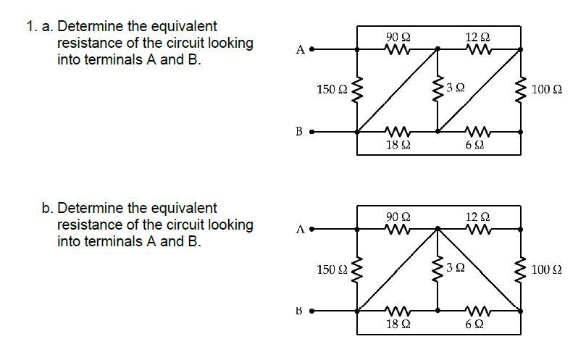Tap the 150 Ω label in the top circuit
[x=332, y=90]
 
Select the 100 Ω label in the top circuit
[x=546, y=90]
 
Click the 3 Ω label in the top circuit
[x=456, y=88]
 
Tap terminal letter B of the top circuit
[x=299, y=132]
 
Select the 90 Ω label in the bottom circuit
[x=398, y=217]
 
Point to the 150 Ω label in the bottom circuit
[x=332, y=270]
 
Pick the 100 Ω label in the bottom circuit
[x=546, y=270]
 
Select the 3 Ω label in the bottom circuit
[x=456, y=268]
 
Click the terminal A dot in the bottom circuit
[x=312, y=230]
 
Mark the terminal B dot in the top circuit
[x=312, y=133]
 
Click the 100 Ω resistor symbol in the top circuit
[x=521, y=91]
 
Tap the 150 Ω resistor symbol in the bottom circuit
[x=358, y=270]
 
